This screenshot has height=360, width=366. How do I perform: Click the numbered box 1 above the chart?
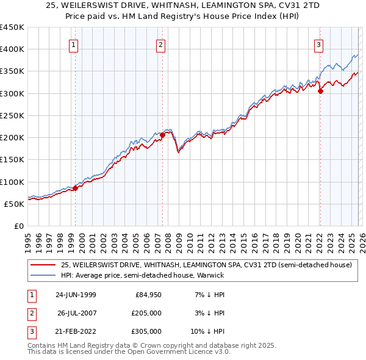tap(73, 44)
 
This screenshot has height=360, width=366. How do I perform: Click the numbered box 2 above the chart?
tap(160, 44)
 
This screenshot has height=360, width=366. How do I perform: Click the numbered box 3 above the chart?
tap(318, 44)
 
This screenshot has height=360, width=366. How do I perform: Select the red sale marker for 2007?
tap(163, 135)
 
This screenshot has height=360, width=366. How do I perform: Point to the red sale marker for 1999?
tap(76, 188)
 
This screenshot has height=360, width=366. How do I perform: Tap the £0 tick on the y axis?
tap(18, 226)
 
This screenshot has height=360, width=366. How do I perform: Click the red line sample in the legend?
tap(43, 265)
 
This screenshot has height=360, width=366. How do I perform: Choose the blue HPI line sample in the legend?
tap(43, 275)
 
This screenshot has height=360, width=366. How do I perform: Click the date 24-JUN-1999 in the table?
tap(76, 295)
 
